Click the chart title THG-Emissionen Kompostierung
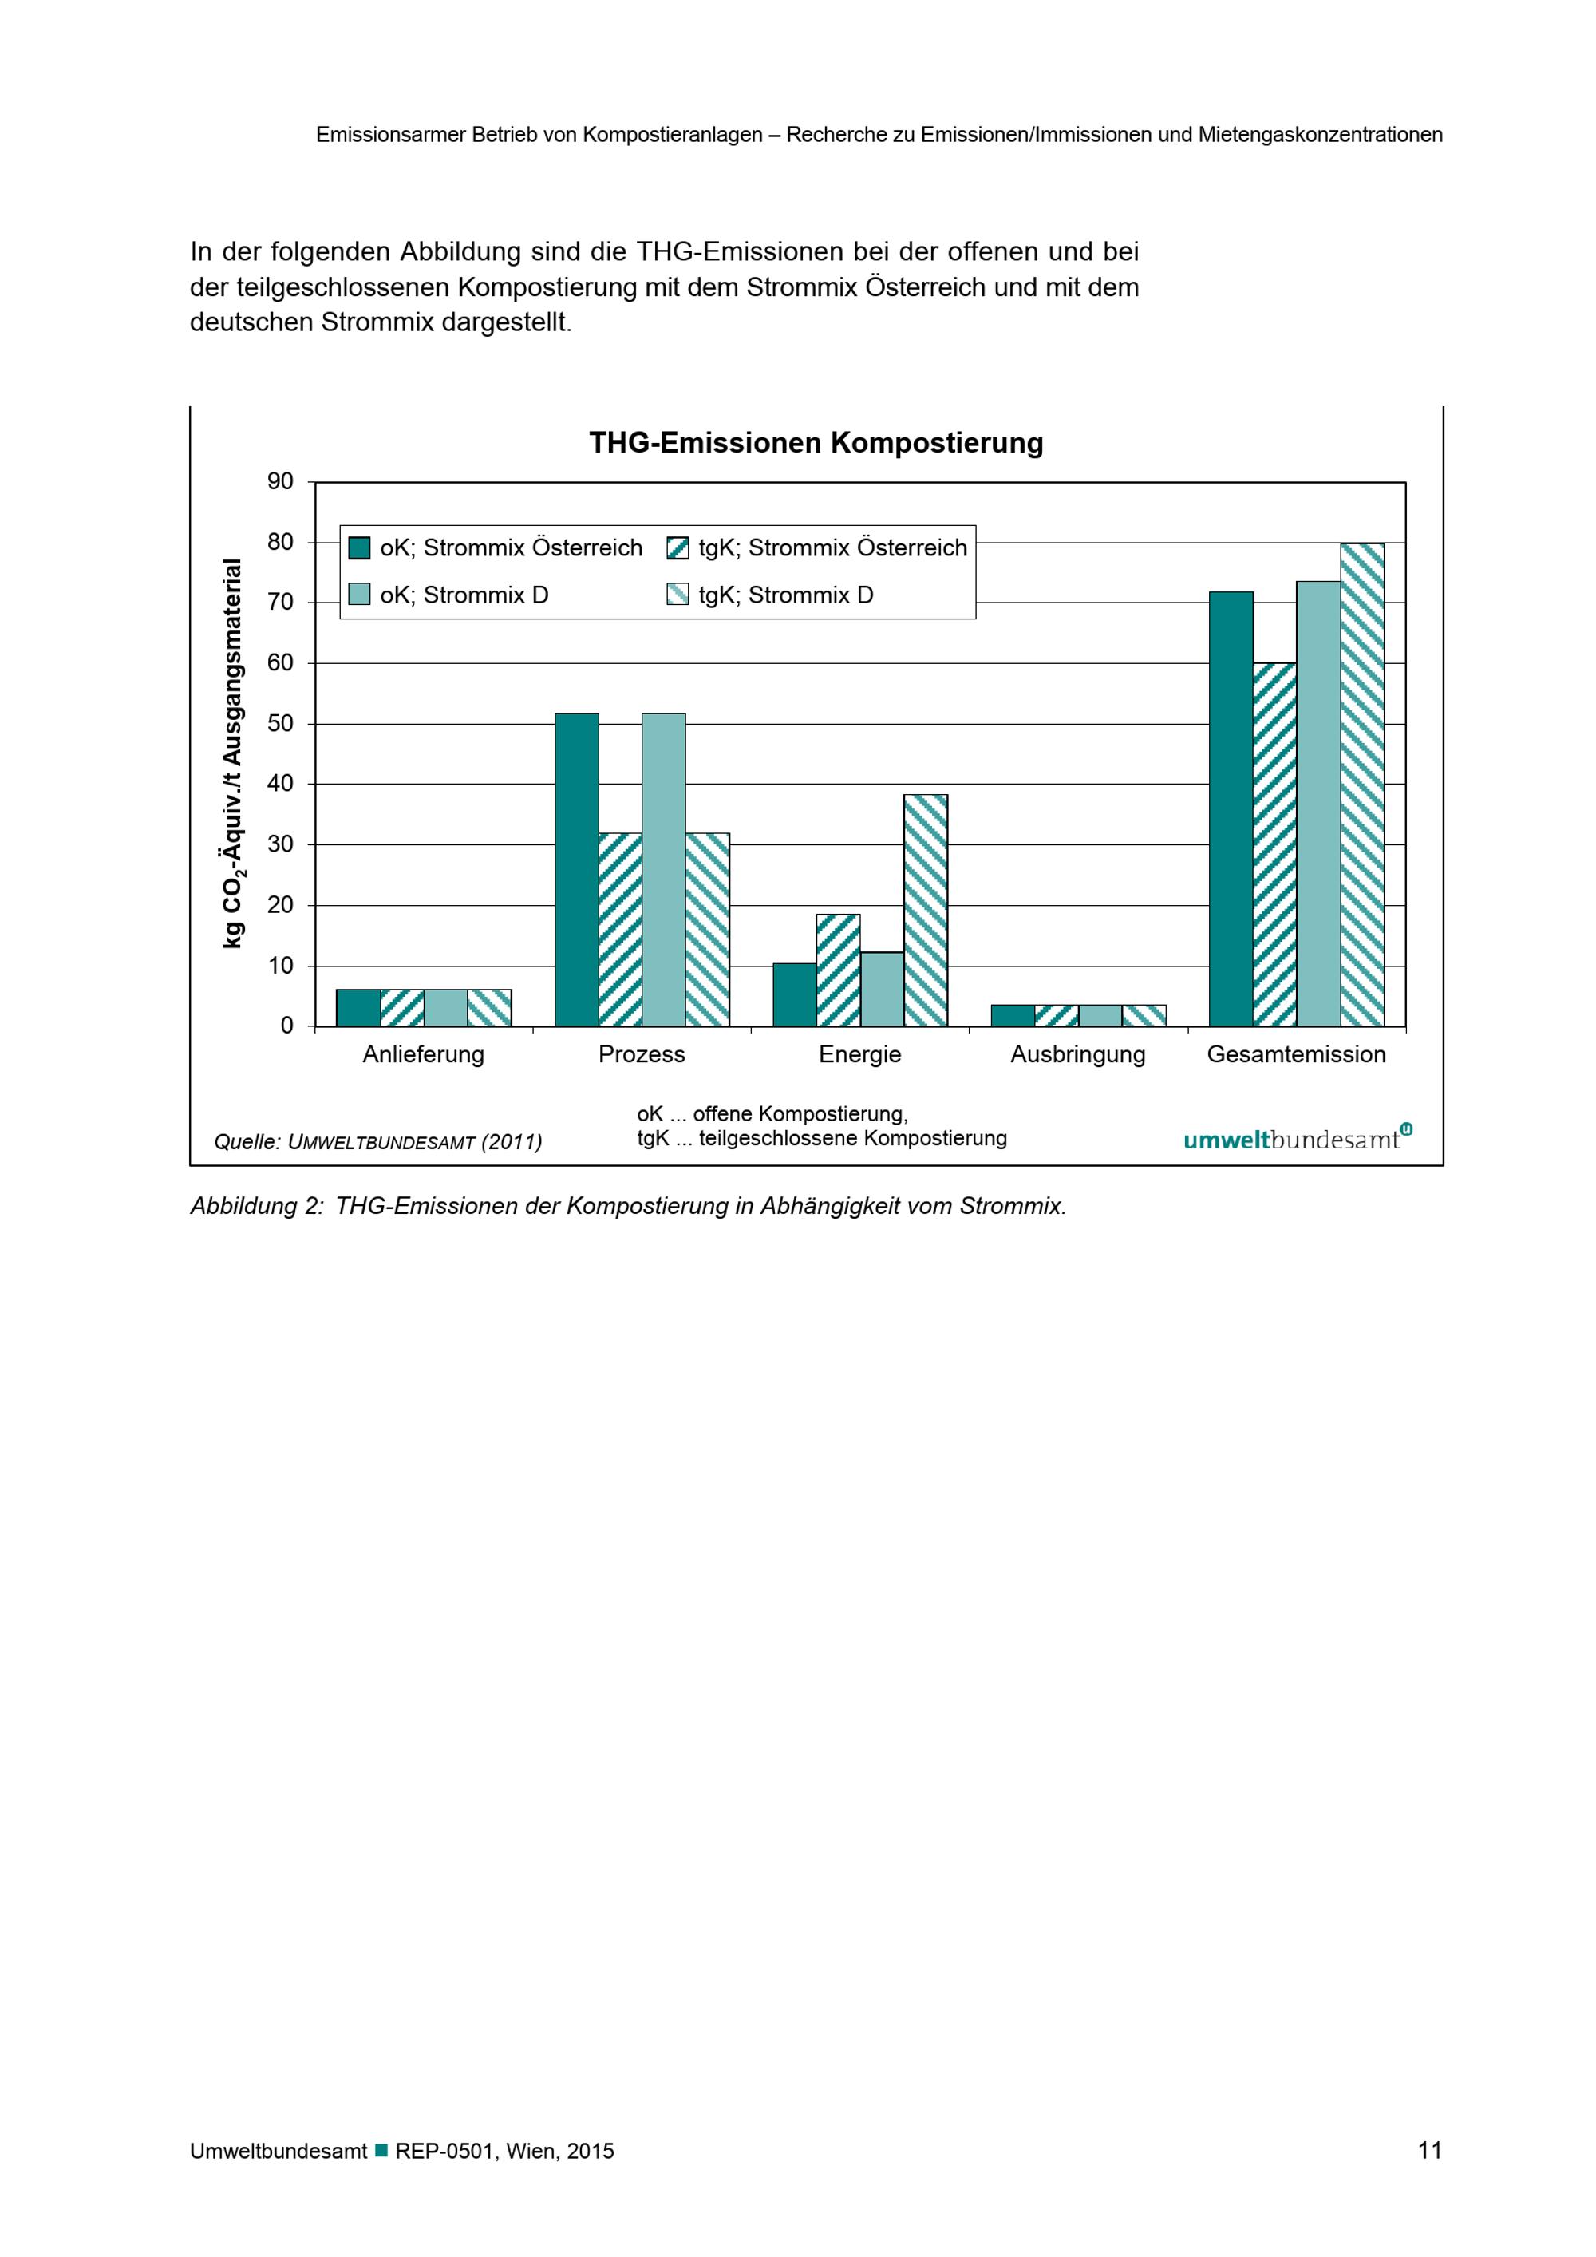pyautogui.click(x=816, y=444)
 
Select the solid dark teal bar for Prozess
pyautogui.click(x=577, y=870)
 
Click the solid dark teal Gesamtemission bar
pyautogui.click(x=1231, y=809)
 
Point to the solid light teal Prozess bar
pyautogui.click(x=663, y=870)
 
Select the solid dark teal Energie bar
pyautogui.click(x=795, y=994)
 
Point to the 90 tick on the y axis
pyautogui.click(x=280, y=482)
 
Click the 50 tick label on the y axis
pyautogui.click(x=280, y=724)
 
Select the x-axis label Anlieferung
pyautogui.click(x=424, y=1055)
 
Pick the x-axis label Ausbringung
pyautogui.click(x=1078, y=1055)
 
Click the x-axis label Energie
pyautogui.click(x=860, y=1055)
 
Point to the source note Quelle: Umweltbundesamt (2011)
pyautogui.click(x=378, y=1142)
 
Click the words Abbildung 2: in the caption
pyautogui.click(x=256, y=1206)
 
